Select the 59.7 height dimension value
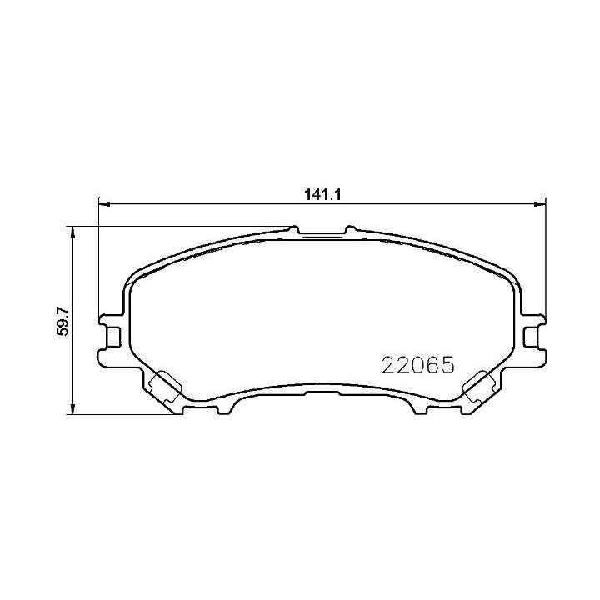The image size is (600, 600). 61,320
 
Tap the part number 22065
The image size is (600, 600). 417,365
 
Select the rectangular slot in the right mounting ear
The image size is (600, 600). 530,335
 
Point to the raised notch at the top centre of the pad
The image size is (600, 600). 322,232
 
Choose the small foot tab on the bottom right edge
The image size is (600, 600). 419,408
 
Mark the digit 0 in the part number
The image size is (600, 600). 417,365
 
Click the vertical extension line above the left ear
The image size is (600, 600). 99,258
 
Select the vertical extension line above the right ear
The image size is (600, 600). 545,258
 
